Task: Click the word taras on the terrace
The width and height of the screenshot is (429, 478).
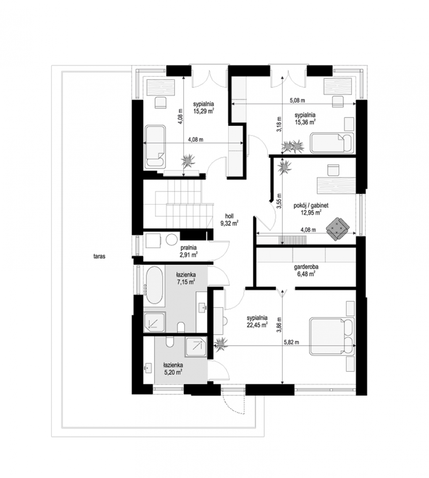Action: point(99,256)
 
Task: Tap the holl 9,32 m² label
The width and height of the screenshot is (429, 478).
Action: point(229,219)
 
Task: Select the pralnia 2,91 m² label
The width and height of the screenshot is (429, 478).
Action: point(189,251)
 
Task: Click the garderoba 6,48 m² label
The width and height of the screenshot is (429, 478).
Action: point(306,270)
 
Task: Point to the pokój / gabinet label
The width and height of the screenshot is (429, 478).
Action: point(311,205)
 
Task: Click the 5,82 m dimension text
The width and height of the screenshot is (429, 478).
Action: point(292,342)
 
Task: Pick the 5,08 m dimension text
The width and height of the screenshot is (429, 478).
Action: point(297,100)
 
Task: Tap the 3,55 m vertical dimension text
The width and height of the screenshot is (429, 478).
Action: point(279,201)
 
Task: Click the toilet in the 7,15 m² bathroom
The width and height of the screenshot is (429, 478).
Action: point(181,327)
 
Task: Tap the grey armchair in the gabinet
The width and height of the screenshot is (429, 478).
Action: point(337,229)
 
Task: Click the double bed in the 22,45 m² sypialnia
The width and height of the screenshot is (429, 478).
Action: point(332,336)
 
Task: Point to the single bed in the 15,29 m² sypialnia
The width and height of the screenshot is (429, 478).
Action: point(155,147)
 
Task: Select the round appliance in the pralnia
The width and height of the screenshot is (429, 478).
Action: point(172,240)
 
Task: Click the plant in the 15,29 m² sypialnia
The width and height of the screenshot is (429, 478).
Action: point(188,161)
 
